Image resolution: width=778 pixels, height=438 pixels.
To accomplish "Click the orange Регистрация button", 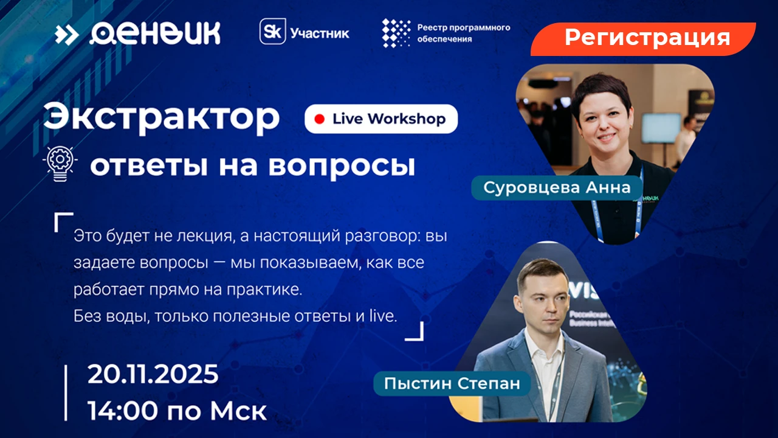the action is (x=642, y=39).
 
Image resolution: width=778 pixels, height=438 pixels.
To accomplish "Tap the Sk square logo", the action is (x=273, y=32).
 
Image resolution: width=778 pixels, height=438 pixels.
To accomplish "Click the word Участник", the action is (x=320, y=33).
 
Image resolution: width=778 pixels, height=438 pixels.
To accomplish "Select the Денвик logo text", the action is (x=155, y=33).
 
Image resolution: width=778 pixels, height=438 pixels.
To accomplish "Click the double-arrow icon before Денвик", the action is (x=67, y=35).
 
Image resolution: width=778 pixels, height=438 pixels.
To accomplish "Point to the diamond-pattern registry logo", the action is (x=396, y=33).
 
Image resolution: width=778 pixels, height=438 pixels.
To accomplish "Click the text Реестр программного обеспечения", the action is (x=464, y=33).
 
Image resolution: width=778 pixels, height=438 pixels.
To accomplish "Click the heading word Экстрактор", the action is (x=162, y=118).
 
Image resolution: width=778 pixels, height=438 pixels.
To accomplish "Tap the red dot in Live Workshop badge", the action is (x=320, y=119).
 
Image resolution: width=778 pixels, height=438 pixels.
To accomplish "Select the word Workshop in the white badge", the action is (x=407, y=119).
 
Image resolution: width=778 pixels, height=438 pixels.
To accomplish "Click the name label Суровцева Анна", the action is (x=557, y=188).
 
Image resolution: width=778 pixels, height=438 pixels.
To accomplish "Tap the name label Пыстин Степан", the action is (x=452, y=383).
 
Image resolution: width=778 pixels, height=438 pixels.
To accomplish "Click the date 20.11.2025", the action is (x=153, y=374).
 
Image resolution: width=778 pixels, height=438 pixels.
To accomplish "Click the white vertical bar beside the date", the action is (x=66, y=393).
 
